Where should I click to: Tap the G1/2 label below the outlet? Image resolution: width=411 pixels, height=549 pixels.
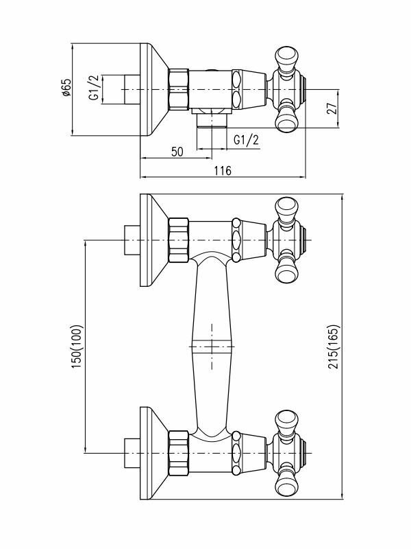pos(247,140)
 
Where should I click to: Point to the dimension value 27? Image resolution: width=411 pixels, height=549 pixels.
pos(329,108)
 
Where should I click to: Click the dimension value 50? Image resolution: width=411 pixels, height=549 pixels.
pos(177,152)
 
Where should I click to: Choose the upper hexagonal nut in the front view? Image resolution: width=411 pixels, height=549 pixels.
pos(178,240)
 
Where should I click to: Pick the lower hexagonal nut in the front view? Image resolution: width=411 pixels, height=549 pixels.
pos(178,452)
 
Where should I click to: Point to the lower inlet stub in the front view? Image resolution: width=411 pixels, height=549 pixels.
pos(130,452)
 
